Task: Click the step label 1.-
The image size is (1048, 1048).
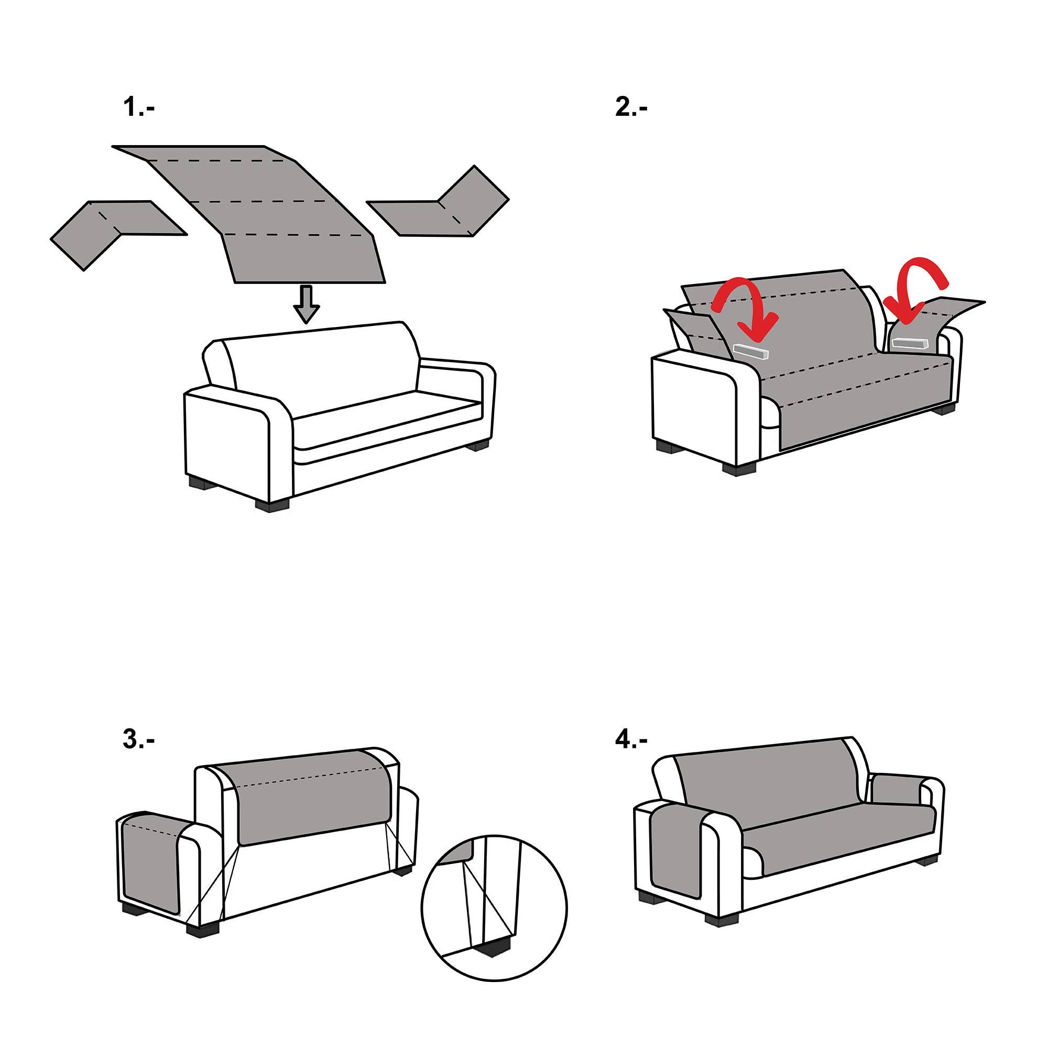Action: tap(139, 107)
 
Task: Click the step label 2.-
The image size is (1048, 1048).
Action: tap(631, 107)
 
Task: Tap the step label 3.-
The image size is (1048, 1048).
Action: tap(139, 739)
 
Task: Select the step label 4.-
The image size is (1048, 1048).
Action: tap(631, 739)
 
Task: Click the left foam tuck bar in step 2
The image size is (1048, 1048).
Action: tap(751, 351)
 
